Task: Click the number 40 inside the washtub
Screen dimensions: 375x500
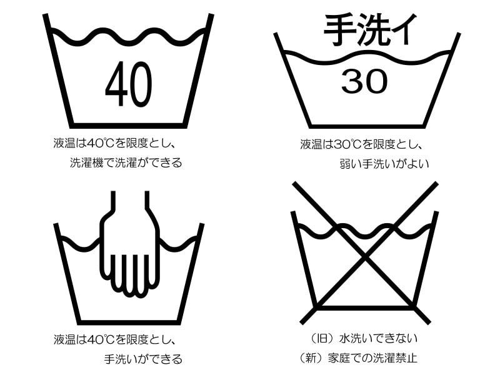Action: pyautogui.click(x=128, y=84)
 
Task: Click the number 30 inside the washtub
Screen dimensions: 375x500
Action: pyautogui.click(x=364, y=81)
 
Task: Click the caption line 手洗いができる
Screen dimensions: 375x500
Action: pyautogui.click(x=143, y=359)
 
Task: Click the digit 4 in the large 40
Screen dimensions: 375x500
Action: pyautogui.click(x=116, y=84)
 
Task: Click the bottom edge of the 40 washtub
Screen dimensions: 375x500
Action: pyautogui.click(x=127, y=124)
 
